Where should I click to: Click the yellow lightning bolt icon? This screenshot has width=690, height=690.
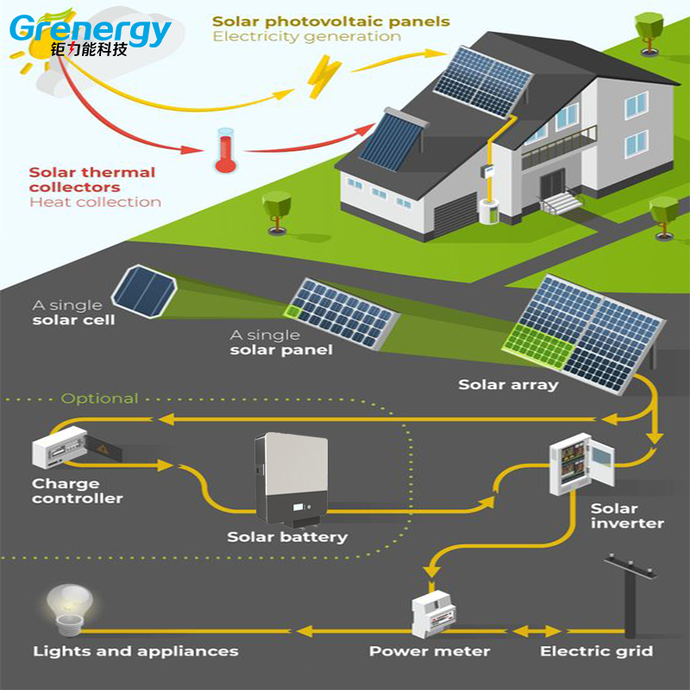coord(323,75)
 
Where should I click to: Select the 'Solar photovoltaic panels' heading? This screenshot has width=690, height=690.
coord(331,22)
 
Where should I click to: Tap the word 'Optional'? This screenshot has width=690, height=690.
coord(99,398)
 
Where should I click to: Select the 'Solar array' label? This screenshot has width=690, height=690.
coord(508,384)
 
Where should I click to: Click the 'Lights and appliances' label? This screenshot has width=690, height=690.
coord(135,650)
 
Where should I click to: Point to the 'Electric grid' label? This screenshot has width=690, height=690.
coord(596,650)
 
